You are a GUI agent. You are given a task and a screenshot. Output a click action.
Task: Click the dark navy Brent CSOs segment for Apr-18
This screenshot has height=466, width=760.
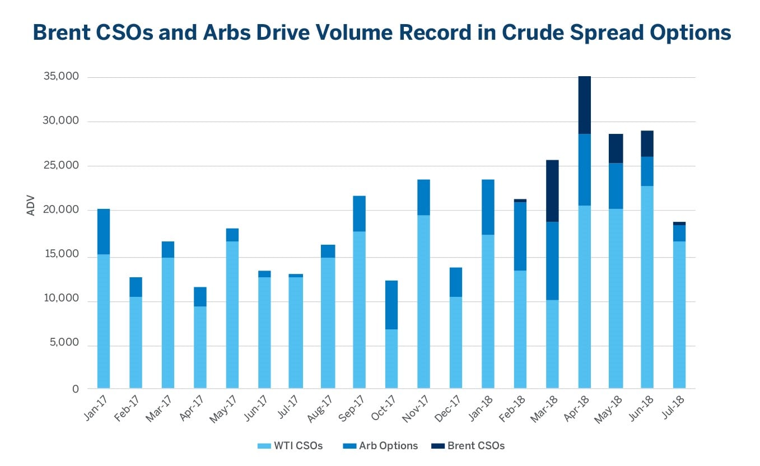point(584,105)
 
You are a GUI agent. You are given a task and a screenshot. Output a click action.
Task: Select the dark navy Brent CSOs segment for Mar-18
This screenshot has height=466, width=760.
point(552,191)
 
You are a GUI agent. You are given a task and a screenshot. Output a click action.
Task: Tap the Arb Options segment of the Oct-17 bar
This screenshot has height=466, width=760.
point(391,305)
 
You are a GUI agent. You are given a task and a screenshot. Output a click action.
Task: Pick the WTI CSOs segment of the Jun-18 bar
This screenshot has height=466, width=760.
point(647,287)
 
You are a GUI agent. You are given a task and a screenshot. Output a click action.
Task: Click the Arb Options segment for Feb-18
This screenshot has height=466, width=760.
point(520,236)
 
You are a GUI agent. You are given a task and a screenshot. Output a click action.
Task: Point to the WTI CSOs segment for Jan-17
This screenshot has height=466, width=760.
point(104,321)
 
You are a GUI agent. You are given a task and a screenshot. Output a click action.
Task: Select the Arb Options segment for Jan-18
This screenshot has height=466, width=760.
point(488,207)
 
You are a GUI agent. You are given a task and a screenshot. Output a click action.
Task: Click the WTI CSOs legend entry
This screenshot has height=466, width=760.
point(290,446)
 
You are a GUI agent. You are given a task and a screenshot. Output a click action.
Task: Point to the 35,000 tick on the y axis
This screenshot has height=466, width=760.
point(61,77)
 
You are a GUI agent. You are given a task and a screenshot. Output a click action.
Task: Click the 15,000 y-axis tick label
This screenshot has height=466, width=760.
point(61,254)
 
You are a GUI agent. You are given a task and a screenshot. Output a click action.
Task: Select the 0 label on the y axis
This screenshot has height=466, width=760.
point(75,389)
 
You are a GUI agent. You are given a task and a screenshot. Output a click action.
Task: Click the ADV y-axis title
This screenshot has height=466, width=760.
point(31,206)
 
